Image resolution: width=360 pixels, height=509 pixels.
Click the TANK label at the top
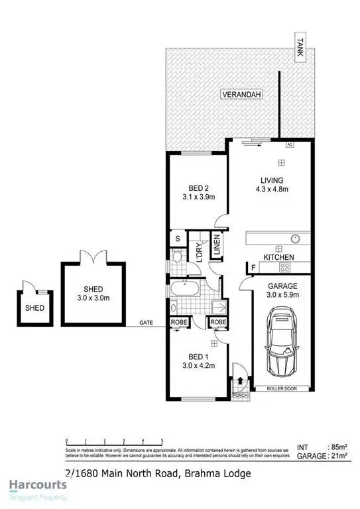(300, 48)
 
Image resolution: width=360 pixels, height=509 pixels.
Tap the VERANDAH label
(241, 95)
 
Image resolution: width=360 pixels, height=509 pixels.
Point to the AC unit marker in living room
(290, 143)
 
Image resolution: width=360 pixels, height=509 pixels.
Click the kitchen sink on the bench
(295, 237)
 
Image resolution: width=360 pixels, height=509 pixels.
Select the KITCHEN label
(278, 256)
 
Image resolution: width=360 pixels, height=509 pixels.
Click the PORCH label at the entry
(240, 396)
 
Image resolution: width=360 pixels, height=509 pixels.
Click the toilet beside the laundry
(176, 257)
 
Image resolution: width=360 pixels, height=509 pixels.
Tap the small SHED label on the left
(34, 308)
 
